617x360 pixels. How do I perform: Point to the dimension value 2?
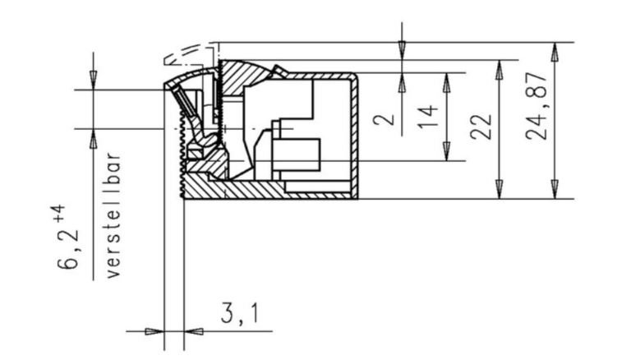(384, 119)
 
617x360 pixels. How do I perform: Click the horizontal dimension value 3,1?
(237, 312)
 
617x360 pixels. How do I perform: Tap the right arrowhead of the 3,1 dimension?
(194, 332)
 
